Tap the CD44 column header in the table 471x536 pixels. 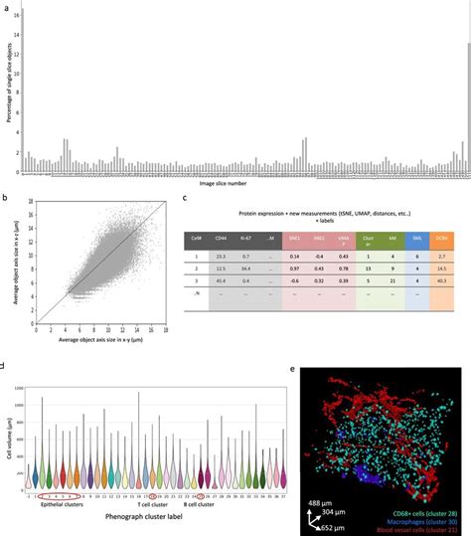click(244, 240)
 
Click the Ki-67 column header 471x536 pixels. click(272, 240)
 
